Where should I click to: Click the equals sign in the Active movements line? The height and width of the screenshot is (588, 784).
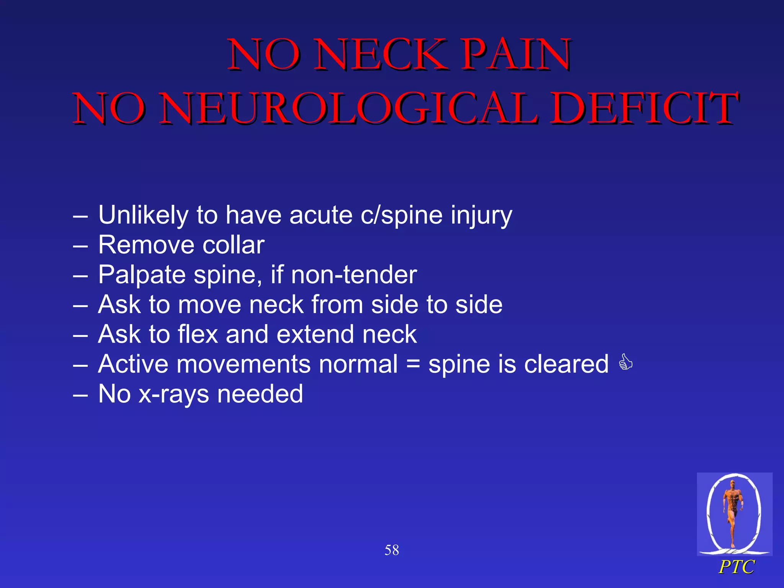click(x=413, y=364)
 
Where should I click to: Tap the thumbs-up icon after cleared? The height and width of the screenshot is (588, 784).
click(x=626, y=362)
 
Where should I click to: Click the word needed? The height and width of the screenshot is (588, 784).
click(x=260, y=394)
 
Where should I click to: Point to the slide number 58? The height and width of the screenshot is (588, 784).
click(x=392, y=550)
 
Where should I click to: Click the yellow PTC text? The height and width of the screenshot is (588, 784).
click(x=736, y=567)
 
